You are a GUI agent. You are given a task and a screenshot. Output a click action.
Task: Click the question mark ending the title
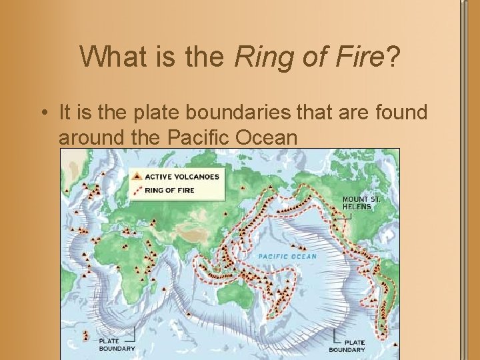tap(393, 57)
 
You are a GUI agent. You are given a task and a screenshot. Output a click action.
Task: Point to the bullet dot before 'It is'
tap(44, 113)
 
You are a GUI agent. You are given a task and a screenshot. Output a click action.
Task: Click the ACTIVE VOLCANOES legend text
tap(182, 177)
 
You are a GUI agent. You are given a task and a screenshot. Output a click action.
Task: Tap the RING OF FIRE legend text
tap(169, 190)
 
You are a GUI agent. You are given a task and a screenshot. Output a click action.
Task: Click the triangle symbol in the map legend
tap(137, 176)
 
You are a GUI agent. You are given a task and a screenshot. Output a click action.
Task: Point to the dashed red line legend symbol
tap(137, 190)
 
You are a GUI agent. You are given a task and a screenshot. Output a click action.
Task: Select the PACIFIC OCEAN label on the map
tap(287, 256)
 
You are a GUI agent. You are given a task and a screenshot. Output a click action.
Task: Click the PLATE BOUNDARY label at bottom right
tap(347, 346)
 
